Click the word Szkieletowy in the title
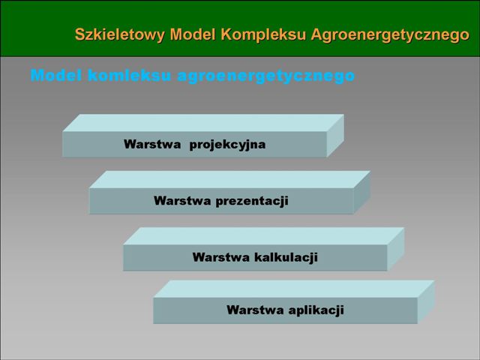pyautogui.click(x=120, y=34)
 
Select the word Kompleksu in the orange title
pyautogui.click(x=263, y=34)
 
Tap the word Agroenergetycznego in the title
pyautogui.click(x=390, y=34)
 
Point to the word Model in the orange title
pyautogui.click(x=193, y=34)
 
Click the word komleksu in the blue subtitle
pyautogui.click(x=129, y=75)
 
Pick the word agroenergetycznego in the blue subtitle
pyautogui.click(x=266, y=76)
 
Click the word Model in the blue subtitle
pyautogui.click(x=56, y=75)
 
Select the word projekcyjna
pyautogui.click(x=227, y=145)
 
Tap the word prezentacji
pyautogui.click(x=252, y=201)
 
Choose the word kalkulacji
pyautogui.click(x=286, y=257)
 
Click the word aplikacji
pyautogui.click(x=316, y=310)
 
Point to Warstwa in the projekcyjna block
pyautogui.click(x=152, y=144)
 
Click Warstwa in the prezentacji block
pyautogui.click(x=182, y=201)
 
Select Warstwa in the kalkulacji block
pyautogui.click(x=221, y=257)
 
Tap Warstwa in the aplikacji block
pyautogui.click(x=255, y=310)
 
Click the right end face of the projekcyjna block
pyautogui.click(x=335, y=136)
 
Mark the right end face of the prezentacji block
pyautogui.click(x=362, y=192)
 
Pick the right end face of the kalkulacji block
pyautogui.click(x=396, y=249)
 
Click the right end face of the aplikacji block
pyautogui.click(x=426, y=301)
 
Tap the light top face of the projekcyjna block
pyautogui.click(x=203, y=123)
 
